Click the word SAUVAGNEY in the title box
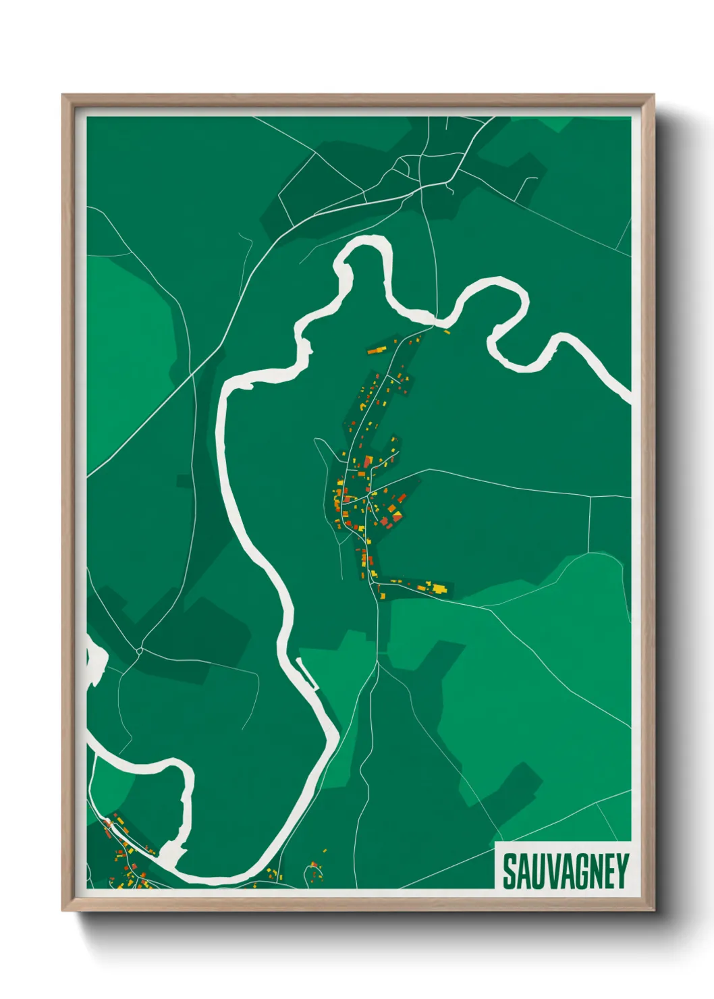566,871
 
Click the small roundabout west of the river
138,651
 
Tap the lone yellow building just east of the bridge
446,331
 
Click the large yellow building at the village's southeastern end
439,589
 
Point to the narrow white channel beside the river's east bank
307,674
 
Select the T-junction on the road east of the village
591,497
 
